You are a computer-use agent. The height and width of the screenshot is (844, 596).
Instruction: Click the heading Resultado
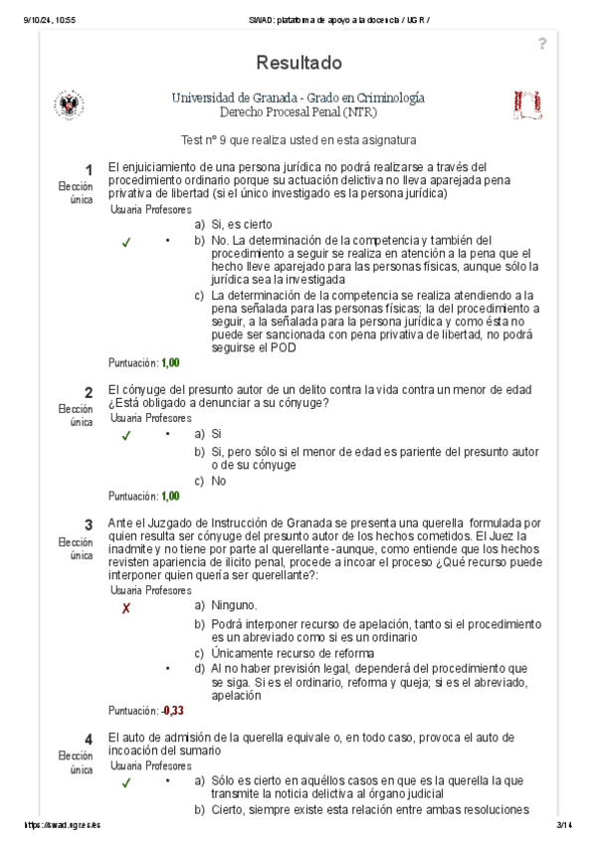pos(298,63)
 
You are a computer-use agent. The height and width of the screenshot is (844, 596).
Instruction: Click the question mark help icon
pos(542,43)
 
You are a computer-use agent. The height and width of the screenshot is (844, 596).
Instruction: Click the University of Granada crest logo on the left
pos(70,105)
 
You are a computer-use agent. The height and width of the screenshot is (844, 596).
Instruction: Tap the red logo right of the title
pos(526,104)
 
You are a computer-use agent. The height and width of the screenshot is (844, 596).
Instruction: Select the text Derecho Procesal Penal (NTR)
pos(298,113)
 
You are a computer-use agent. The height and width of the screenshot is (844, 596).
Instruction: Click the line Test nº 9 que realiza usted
pos(298,140)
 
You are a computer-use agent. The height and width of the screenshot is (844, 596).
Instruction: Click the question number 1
pos(89,169)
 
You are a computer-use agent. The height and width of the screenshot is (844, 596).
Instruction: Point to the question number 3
pos(89,525)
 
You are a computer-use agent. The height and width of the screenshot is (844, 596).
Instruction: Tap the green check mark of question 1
pos(125,243)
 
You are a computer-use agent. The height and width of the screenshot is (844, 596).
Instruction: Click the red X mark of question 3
pos(125,608)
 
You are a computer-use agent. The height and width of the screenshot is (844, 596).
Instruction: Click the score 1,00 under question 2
pos(170,496)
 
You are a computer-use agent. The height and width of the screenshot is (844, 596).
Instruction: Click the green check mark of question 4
pos(125,783)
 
